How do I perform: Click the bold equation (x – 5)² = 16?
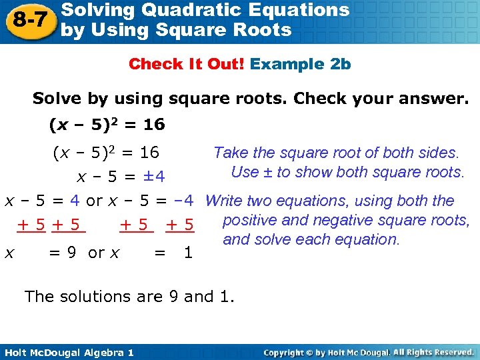point(107,125)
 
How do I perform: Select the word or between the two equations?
point(95,201)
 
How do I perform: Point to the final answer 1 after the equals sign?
point(188,253)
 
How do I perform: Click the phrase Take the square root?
point(287,153)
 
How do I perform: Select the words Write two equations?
point(270,201)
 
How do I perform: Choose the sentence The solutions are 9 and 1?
point(129,297)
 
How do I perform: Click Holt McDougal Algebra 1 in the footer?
point(67,352)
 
